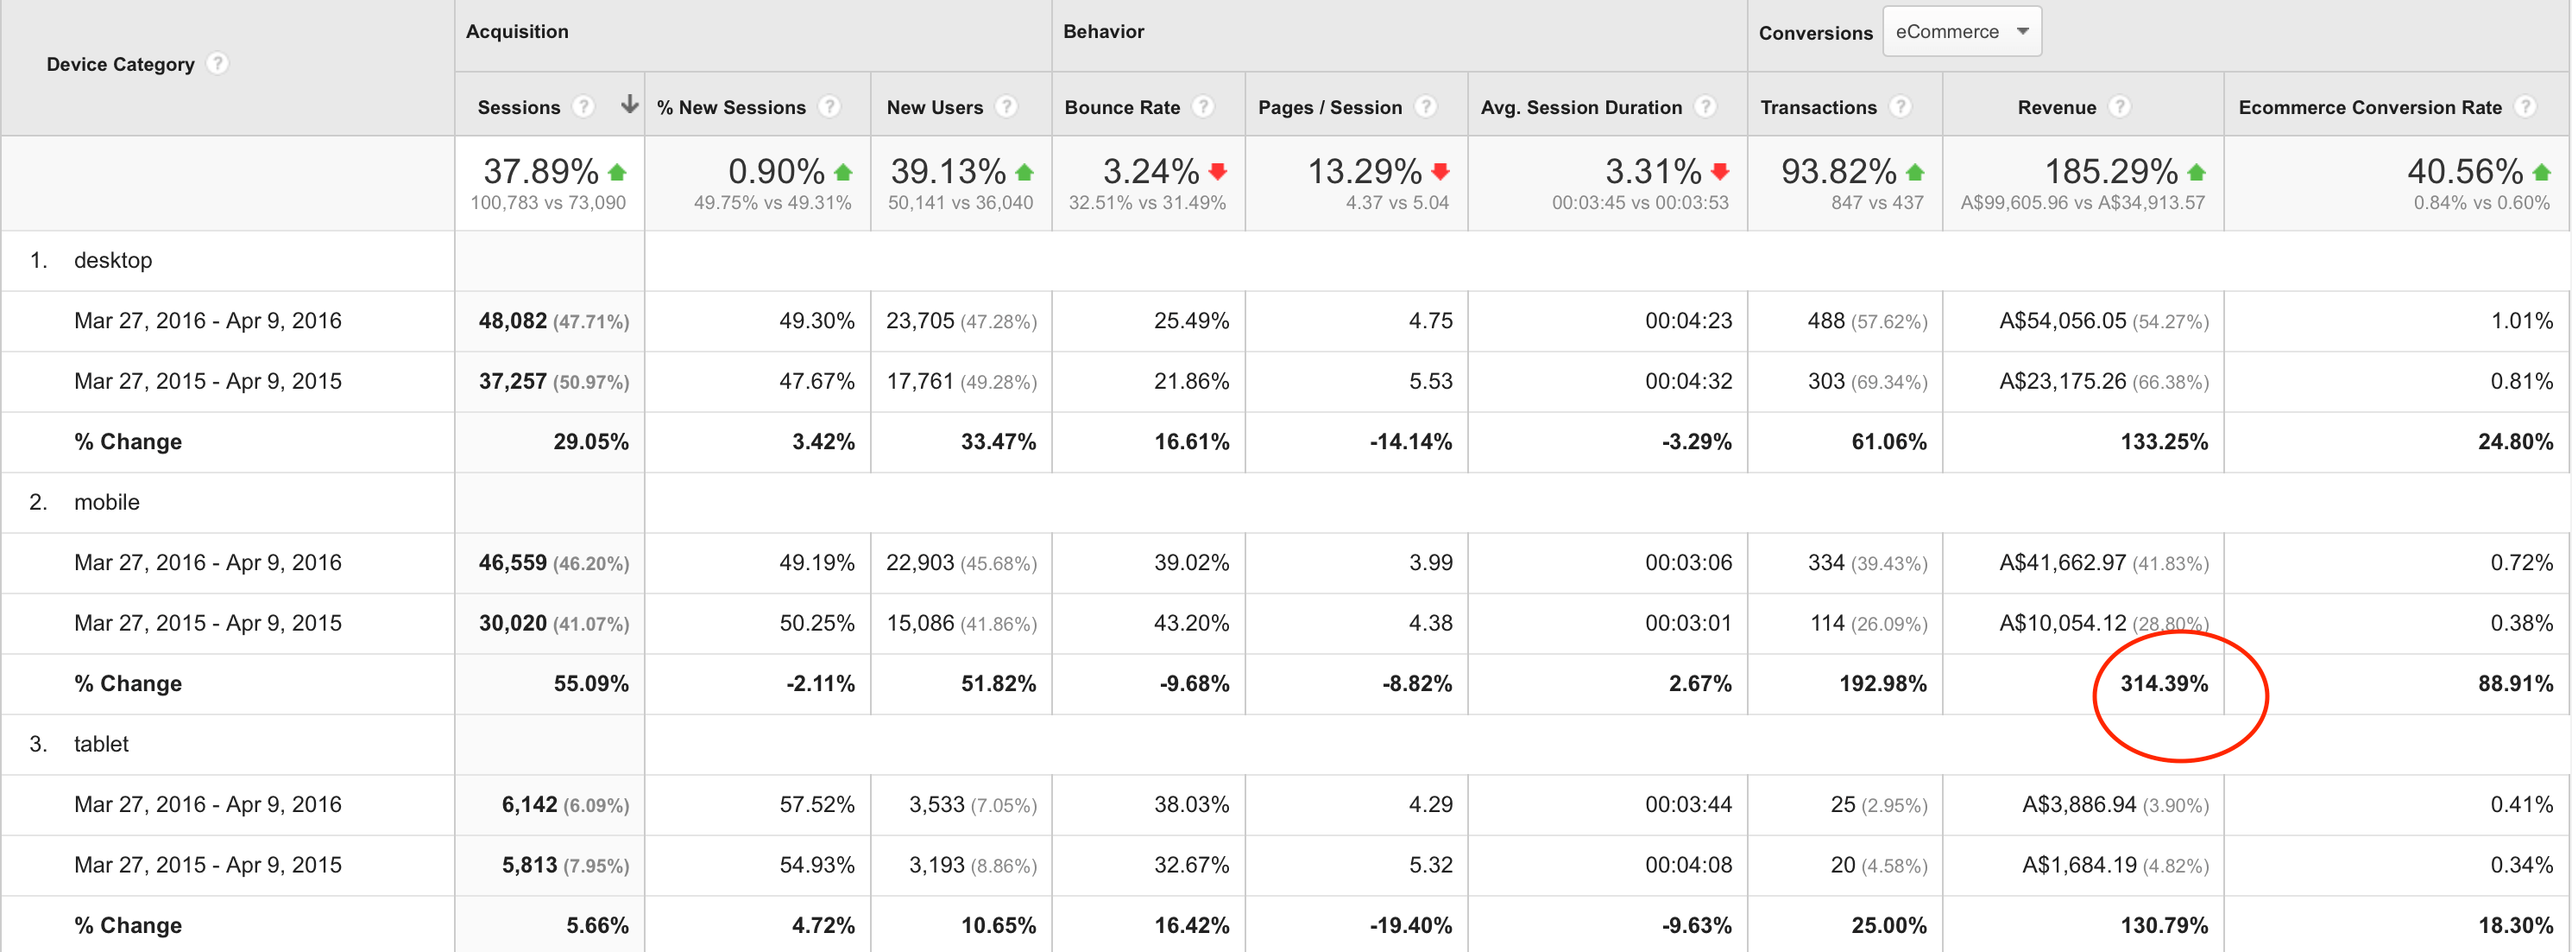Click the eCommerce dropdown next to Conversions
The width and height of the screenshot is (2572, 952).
pos(1962,32)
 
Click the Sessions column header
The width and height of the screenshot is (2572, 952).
pos(520,107)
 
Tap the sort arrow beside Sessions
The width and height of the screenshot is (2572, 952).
pos(629,104)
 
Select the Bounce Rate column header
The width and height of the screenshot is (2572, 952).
pos(1122,107)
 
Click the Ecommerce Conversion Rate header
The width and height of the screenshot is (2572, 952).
pos(2369,107)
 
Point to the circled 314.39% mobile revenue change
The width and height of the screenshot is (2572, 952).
pos(2164,683)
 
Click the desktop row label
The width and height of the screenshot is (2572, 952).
pos(113,260)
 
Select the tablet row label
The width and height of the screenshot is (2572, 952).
pos(101,743)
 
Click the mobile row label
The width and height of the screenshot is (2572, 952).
pos(107,501)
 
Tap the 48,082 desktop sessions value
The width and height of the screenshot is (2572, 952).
pos(512,321)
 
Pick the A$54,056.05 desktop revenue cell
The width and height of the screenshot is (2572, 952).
pos(2063,321)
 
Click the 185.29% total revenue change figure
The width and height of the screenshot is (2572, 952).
pos(2111,172)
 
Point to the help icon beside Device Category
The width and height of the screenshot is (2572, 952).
pos(217,63)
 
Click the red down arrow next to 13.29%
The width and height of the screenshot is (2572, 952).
pos(1440,171)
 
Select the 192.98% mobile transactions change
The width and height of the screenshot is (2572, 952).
pos(1883,683)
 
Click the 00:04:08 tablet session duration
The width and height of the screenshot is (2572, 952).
pos(1688,864)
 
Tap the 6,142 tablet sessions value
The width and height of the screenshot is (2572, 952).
pos(529,804)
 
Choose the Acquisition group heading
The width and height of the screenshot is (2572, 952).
pos(517,31)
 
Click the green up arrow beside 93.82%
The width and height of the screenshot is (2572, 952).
pos(1914,172)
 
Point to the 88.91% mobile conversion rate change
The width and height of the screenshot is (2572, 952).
pos(2515,683)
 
